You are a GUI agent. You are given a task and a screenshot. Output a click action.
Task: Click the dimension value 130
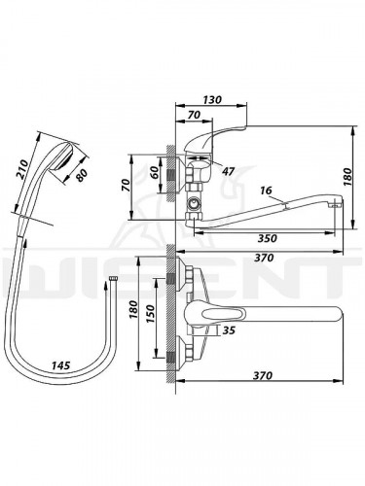pos(212,99)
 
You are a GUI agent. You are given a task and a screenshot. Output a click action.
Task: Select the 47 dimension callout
pos(229,171)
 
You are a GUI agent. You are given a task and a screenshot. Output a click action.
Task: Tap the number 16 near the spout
pos(266,191)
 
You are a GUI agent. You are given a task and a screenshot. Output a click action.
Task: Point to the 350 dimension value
pos(268,238)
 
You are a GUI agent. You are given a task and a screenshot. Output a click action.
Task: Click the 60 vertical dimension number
pos(155,172)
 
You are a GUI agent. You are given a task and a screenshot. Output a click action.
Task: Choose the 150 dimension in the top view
pos(151,314)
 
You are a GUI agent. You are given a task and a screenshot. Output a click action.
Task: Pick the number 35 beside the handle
pos(229,330)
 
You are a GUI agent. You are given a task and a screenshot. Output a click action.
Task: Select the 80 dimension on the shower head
pos(81,175)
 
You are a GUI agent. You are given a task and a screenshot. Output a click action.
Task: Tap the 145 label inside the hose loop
pos(61,365)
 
